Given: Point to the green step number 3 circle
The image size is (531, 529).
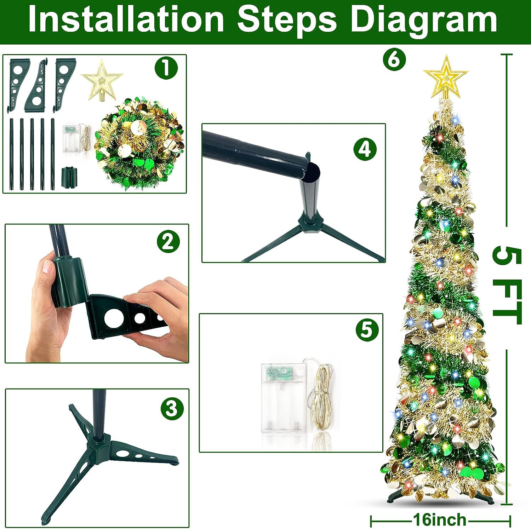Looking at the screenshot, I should (x=172, y=408).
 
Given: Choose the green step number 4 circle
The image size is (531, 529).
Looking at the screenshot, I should (x=365, y=149).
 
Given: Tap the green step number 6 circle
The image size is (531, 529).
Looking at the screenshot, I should (x=394, y=59).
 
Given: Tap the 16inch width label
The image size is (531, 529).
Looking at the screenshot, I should (x=440, y=520).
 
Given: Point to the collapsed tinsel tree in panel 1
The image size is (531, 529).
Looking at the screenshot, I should (x=139, y=144).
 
